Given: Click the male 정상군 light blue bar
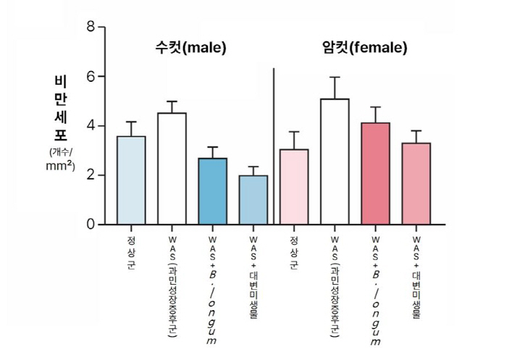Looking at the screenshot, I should coord(131,180).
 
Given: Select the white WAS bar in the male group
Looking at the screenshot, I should coord(172,169).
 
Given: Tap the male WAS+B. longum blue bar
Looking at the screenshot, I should coord(212,191).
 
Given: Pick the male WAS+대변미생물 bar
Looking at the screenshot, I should coord(253,200).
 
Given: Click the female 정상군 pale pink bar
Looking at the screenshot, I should coord(294,187).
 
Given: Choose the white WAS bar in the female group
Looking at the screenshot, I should coord(335,162).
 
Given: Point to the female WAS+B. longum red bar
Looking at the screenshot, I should coord(375,174).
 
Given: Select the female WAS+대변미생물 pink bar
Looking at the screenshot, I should coord(416,184).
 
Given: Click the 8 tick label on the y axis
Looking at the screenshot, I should coord(91,28).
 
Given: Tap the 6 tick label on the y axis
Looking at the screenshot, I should coord(91,77).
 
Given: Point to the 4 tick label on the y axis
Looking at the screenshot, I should coord(91,126).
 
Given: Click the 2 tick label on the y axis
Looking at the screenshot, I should coord(91,175).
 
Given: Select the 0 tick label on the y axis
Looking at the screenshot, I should coord(91,225).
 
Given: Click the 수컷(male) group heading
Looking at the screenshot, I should coord(190,49).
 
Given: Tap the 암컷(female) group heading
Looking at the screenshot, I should coord(364,49).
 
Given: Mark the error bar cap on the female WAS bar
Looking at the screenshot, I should coord(335,78).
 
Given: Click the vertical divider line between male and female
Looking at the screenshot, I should coord(274,145).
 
